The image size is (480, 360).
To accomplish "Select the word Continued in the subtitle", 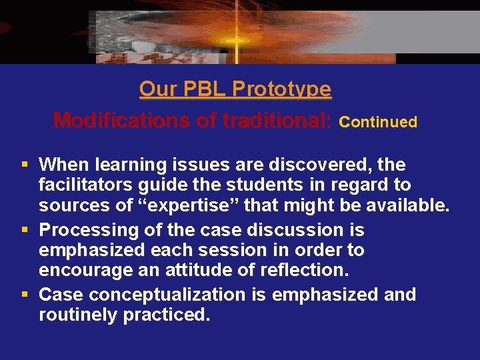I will click(378, 122).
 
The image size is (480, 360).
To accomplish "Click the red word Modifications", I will click(126, 121).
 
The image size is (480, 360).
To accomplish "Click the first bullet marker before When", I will click(25, 164).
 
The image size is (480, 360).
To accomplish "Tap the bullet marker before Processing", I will click(25, 230).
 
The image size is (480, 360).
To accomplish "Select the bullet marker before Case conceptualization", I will click(25, 295).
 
